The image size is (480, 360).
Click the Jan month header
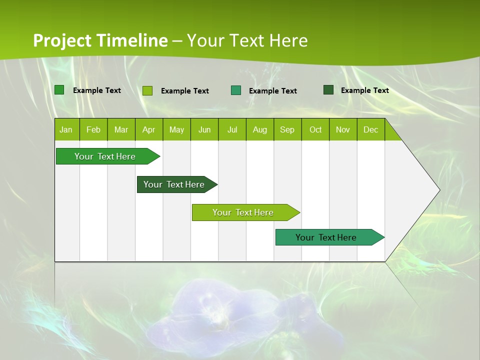click(x=66, y=129)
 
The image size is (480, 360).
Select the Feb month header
click(x=93, y=129)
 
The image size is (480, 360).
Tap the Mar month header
click(x=121, y=129)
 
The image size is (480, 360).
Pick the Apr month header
click(x=149, y=129)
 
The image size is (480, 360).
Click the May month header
click(x=176, y=129)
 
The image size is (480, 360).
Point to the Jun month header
click(x=204, y=129)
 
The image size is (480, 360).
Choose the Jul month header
click(x=232, y=129)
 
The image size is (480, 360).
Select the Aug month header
click(x=260, y=129)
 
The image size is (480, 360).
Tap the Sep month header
click(x=287, y=129)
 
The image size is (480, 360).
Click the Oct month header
click(x=315, y=129)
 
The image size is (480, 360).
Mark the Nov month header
click(x=343, y=129)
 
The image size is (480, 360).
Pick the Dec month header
click(x=371, y=129)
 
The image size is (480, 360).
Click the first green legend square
click(x=59, y=90)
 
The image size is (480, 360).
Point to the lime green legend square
click(x=147, y=90)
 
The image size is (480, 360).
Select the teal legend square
click(x=236, y=90)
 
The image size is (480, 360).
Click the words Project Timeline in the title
click(x=100, y=40)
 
